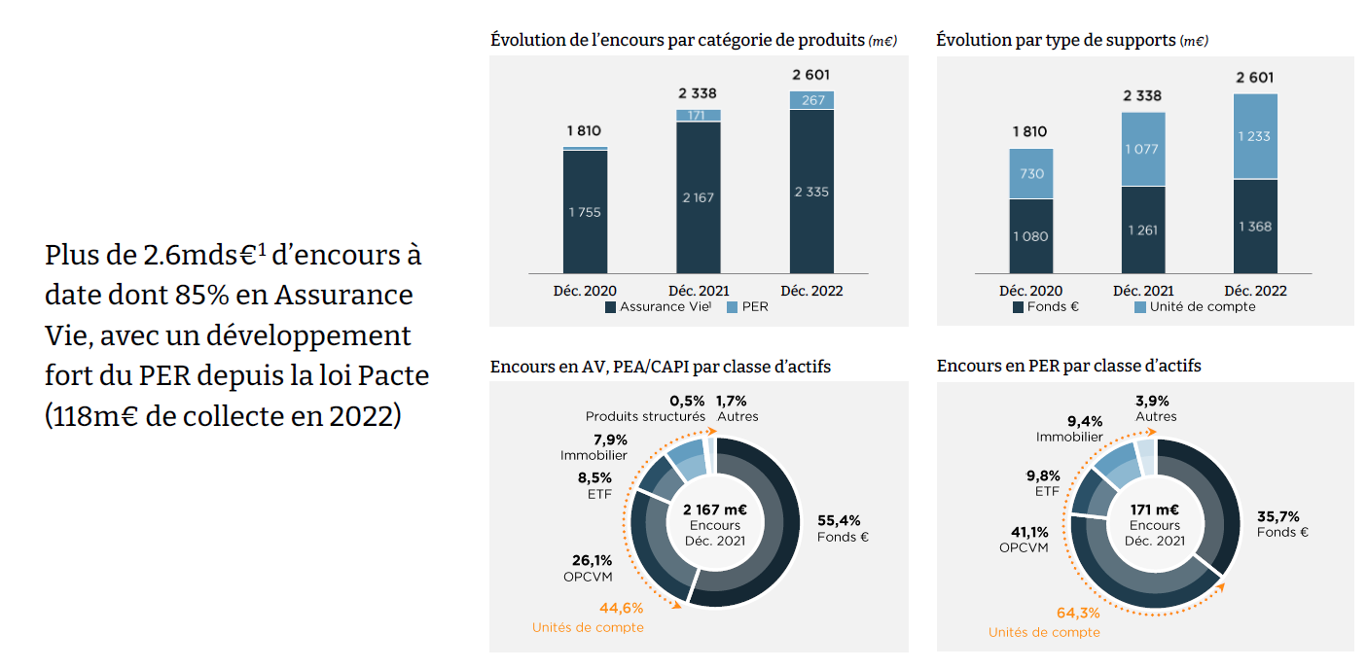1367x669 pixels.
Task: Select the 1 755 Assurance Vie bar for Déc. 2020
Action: point(585,212)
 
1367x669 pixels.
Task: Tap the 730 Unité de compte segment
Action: point(1031,174)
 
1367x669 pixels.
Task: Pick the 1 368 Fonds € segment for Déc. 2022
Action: point(1255,227)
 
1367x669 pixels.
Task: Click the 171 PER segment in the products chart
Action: point(698,116)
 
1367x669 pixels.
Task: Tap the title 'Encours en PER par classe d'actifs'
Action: point(1068,366)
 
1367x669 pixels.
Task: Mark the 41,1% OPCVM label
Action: point(1024,539)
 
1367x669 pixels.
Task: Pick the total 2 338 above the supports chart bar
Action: point(1142,96)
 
